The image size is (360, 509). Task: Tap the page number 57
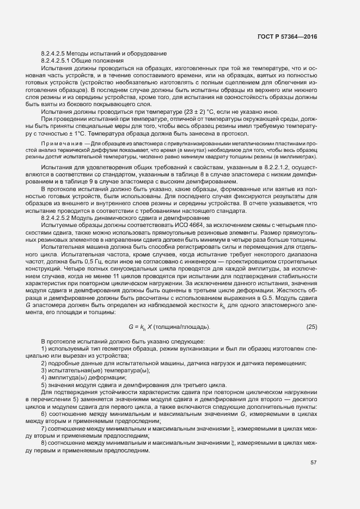click(314, 463)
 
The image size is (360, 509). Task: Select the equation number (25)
click(312, 327)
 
